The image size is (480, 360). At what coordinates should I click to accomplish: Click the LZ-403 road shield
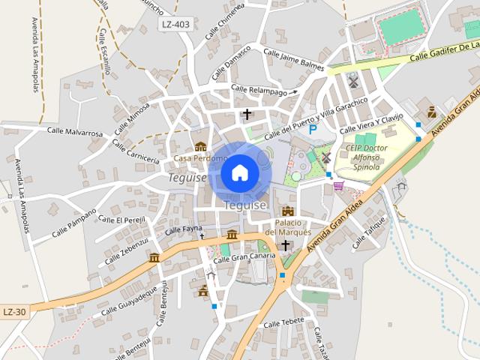(175, 24)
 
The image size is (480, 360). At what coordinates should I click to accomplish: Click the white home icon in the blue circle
(240, 173)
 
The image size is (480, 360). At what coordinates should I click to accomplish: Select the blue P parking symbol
(313, 129)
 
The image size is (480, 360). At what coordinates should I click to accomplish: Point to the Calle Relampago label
(259, 91)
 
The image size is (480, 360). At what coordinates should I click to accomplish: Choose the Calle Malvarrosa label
(74, 133)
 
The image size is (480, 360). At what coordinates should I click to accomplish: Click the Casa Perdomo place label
(199, 158)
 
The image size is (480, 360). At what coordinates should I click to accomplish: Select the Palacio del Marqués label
(292, 227)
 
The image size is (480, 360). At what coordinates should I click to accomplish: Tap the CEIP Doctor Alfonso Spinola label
(367, 157)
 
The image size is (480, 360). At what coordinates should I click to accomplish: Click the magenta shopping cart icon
(339, 185)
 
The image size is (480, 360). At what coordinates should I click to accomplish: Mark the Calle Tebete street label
(283, 322)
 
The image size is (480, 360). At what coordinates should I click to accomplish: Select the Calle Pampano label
(74, 223)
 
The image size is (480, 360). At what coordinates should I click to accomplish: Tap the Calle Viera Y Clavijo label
(375, 121)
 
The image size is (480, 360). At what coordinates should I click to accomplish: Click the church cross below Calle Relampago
(247, 114)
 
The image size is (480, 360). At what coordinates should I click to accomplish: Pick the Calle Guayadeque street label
(129, 300)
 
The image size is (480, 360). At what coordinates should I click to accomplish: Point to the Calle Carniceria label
(136, 151)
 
